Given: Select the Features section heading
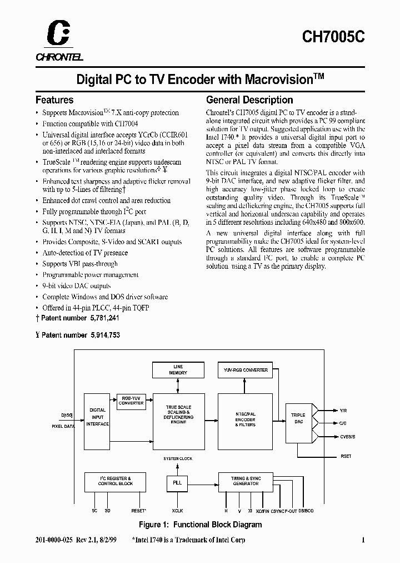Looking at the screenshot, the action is [x=54, y=100].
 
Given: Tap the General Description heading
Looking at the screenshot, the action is [x=249, y=100].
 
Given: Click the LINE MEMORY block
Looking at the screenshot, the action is [x=178, y=370].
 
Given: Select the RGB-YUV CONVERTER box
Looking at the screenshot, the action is [x=131, y=401].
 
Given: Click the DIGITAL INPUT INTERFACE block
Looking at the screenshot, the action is [x=97, y=417].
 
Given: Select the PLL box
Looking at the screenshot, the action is [x=177, y=483].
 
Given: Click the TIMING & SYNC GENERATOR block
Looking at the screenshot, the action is [x=246, y=481].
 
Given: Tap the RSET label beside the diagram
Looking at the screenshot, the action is [x=345, y=456].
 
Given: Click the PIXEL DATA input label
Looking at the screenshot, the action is [x=63, y=426].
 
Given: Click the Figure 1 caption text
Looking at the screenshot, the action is [x=200, y=525].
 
